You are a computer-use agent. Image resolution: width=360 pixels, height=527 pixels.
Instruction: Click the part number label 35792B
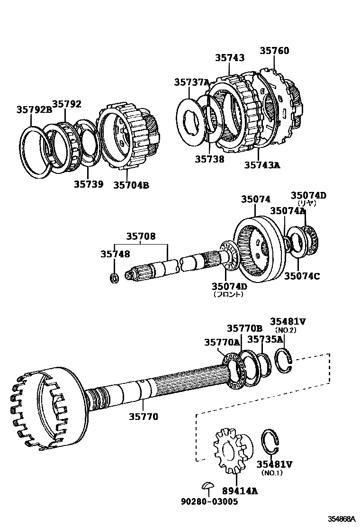coord(34,109)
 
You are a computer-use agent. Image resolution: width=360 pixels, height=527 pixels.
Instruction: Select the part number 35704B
coord(131,185)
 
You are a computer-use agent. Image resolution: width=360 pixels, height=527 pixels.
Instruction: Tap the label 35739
coord(88,184)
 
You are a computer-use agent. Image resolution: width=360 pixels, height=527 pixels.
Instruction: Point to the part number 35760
coord(274,51)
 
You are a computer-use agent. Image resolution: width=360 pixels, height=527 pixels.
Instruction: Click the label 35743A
coord(262,165)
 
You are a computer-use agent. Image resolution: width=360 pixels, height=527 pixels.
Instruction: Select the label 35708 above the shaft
coord(141,236)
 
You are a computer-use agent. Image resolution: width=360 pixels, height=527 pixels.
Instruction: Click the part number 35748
coord(115,254)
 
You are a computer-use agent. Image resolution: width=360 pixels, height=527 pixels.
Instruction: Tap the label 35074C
coord(301,275)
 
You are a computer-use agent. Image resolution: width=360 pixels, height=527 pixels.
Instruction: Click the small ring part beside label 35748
coord(114,278)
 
